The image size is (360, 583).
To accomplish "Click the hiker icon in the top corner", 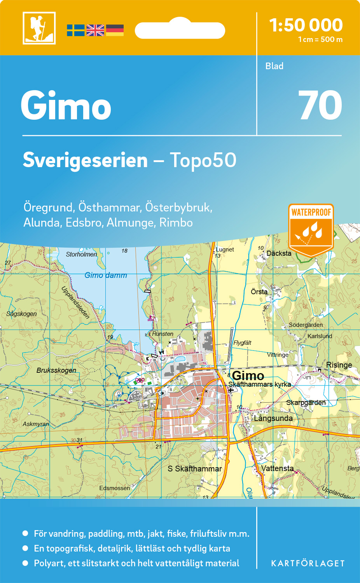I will tap(39, 28).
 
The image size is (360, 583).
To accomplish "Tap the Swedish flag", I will tap(75, 30).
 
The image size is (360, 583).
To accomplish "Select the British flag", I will tap(95, 30).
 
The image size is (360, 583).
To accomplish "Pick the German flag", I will tap(115, 30).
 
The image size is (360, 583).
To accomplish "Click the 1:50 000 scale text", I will tap(306, 25).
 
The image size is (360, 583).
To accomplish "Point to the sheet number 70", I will tap(320, 106).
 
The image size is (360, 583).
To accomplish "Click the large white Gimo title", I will tap(66, 106).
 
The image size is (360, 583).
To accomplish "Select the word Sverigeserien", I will tap(85, 160).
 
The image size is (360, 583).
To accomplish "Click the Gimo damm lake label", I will tap(106, 275).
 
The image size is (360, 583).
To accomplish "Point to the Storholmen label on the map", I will tap(81, 254).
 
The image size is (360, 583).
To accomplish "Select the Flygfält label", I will tap(242, 343).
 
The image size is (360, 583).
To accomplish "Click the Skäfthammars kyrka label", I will tap(259, 384).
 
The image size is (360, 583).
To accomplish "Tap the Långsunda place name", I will tap(273, 418).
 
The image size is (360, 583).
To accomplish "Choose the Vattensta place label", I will tap(277, 468).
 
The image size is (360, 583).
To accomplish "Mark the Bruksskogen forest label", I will tap(56, 370).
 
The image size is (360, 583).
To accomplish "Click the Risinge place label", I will tap(339, 365).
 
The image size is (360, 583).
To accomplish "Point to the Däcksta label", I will tap(279, 253).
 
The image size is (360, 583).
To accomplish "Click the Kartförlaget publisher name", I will tap(308, 563).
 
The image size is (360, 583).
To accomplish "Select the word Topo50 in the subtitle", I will tap(203, 160).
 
